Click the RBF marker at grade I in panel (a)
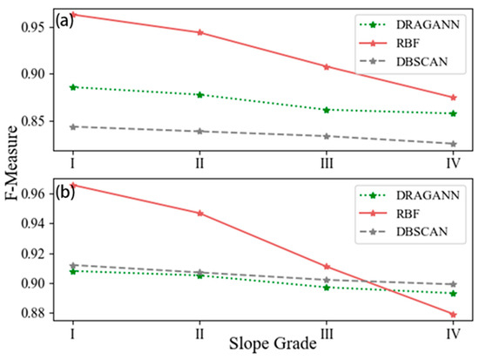pos(73,15)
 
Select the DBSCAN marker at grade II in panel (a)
pos(200,131)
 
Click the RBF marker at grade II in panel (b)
pos(200,213)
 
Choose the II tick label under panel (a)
pos(200,162)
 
